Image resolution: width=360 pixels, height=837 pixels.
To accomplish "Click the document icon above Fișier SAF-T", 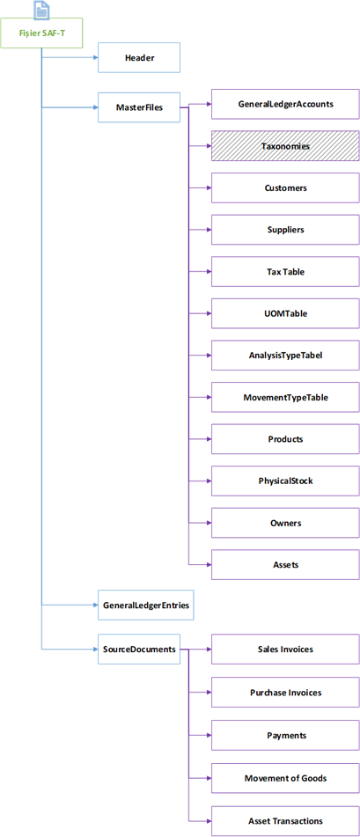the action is coord(41,11).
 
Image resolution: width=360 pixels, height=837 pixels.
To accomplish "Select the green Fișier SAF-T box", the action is coord(41,33).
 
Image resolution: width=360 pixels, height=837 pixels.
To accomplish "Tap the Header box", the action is coord(139,57).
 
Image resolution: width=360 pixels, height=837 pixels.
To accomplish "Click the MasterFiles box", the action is coord(139,107).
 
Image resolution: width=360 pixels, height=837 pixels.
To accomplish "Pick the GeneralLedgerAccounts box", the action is coord(285,104).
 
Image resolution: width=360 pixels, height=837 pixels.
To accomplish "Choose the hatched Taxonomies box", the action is coord(285,145).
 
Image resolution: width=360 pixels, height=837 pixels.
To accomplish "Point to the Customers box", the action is coord(285,187).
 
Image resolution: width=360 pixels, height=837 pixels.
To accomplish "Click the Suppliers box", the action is coord(285,230).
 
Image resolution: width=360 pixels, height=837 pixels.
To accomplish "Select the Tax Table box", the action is coord(285,271).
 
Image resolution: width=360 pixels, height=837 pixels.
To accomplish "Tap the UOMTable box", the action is coord(285,313).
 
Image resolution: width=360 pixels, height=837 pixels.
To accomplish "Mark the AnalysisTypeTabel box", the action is coord(285,355).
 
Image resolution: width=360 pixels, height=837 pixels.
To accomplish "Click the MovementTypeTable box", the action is coord(285,397).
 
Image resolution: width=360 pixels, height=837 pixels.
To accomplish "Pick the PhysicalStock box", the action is coord(285,481).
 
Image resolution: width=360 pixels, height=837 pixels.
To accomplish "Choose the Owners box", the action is coord(285,523).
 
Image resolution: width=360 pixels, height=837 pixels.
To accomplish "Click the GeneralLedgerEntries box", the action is coord(145,605).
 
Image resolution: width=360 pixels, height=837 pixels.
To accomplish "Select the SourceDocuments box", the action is coord(139,650).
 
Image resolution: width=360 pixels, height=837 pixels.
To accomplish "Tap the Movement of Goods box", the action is coord(285,778).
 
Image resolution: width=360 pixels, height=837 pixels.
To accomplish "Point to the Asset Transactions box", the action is coord(285,820).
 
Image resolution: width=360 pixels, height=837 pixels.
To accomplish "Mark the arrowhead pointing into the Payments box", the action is coord(209,735).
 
